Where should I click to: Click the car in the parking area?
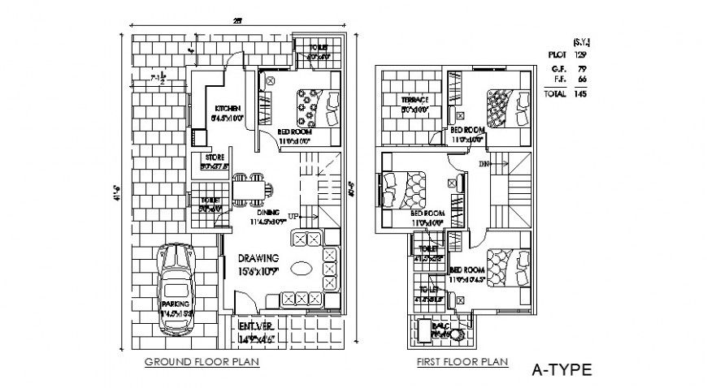click(175, 288)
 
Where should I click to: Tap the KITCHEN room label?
click(227, 108)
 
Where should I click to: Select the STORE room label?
click(215, 157)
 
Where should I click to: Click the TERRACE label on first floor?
click(413, 100)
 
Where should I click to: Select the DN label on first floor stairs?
click(484, 163)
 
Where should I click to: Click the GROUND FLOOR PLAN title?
click(202, 362)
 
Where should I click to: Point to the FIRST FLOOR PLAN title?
click(461, 362)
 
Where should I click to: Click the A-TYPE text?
click(562, 370)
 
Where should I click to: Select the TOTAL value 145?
click(579, 94)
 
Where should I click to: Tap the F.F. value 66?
click(581, 80)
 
